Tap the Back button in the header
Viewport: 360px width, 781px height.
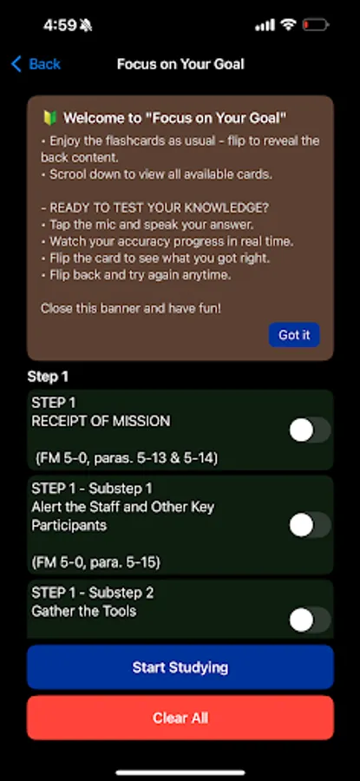pyautogui.click(x=36, y=64)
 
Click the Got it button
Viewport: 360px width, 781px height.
pyautogui.click(x=294, y=335)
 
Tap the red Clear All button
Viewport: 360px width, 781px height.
pyautogui.click(x=180, y=718)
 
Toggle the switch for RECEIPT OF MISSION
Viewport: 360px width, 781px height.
pyautogui.click(x=310, y=430)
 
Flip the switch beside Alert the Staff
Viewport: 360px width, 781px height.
pyautogui.click(x=310, y=525)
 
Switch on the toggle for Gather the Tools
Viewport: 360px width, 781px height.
pyautogui.click(x=310, y=620)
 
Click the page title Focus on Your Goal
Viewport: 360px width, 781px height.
pyautogui.click(x=180, y=64)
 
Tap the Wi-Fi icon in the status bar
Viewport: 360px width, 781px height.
pyautogui.click(x=287, y=25)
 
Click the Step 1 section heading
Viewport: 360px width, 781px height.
pyautogui.click(x=48, y=377)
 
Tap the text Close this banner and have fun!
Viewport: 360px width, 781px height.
pyautogui.click(x=130, y=308)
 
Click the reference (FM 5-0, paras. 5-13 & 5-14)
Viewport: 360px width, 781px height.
pyautogui.click(x=127, y=458)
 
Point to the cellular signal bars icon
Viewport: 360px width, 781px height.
pyautogui.click(x=265, y=25)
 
